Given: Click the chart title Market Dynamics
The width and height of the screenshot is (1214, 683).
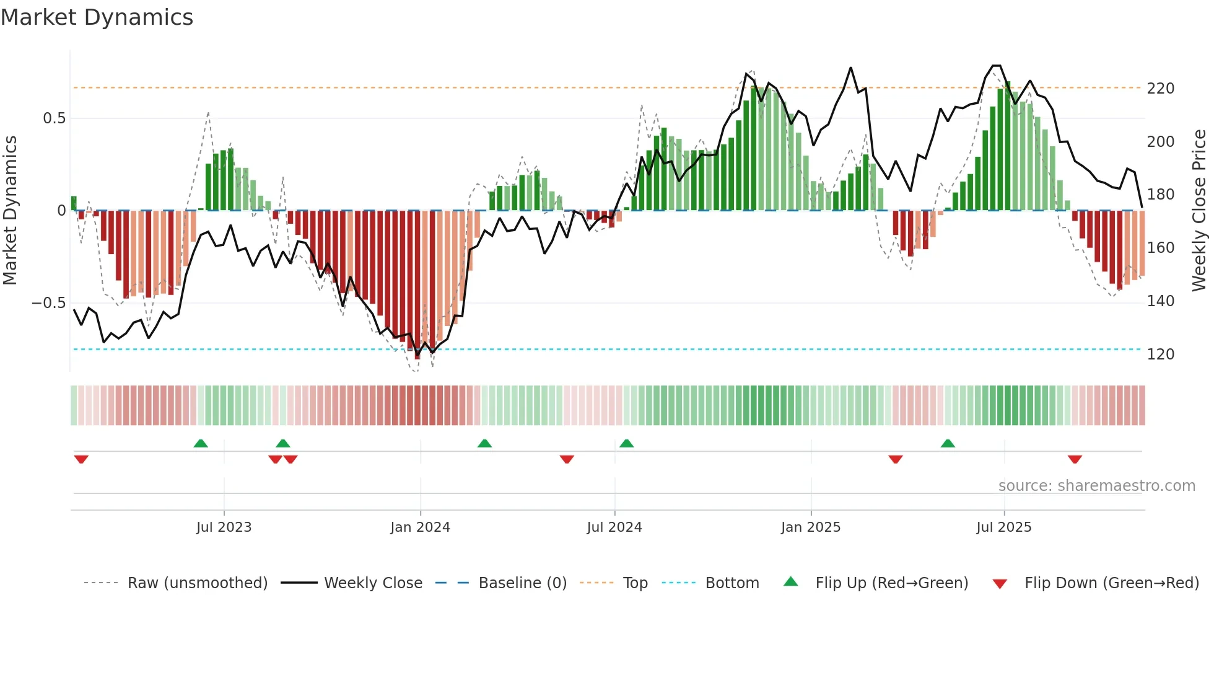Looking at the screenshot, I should pos(97,17).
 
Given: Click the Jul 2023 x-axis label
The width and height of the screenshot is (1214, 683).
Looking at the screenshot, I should pos(224,527).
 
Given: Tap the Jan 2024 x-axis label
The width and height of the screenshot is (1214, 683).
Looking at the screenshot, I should pos(420,527).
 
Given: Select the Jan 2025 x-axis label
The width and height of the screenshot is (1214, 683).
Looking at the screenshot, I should pos(810,527).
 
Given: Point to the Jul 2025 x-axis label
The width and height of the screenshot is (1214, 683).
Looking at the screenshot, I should pos(1003,527).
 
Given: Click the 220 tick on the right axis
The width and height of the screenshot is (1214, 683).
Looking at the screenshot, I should pos(1160,89).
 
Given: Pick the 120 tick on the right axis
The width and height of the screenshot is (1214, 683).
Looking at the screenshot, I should pos(1160,355).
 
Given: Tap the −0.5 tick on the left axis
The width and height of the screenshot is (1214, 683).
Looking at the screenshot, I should pos(48,303).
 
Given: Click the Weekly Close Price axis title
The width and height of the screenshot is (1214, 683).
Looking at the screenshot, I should pos(1199,211).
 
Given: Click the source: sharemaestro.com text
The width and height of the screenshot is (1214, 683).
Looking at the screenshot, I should pos(1096,486).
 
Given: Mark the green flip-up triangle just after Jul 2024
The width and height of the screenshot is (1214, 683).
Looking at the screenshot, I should pos(626,443).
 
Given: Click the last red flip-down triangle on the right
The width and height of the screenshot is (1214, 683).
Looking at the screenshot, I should pos(1075,459).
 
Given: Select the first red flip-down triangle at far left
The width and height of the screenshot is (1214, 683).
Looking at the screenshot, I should pos(81,459).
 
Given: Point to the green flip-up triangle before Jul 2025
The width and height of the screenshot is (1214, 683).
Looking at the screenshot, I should pos(948,443).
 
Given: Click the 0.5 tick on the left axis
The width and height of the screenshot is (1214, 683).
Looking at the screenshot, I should pos(54,118).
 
